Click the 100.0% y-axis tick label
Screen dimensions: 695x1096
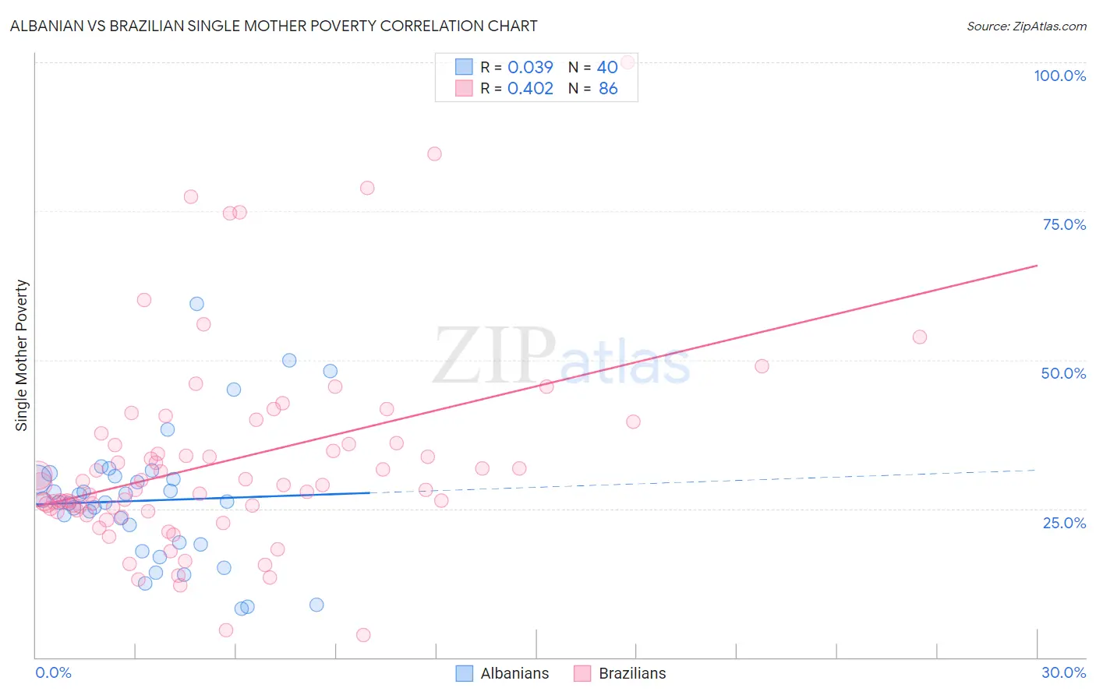click(1059, 76)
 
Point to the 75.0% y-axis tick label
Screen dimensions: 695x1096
click(1064, 224)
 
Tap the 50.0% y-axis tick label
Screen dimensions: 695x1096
click(1063, 373)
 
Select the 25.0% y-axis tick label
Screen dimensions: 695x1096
click(1064, 523)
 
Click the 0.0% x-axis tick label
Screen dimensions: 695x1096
click(53, 672)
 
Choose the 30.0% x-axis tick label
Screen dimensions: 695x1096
click(1063, 672)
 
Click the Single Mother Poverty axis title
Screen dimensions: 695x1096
click(22, 355)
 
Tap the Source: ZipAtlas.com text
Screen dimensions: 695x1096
click(1026, 26)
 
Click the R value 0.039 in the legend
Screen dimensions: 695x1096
click(530, 67)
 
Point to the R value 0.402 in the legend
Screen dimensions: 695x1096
click(530, 88)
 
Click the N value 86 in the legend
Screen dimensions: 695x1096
click(608, 88)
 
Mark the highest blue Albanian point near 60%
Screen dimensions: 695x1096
click(196, 304)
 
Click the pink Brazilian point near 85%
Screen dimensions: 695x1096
click(434, 153)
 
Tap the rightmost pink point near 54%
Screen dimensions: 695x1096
click(920, 337)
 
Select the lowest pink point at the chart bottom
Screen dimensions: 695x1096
click(363, 635)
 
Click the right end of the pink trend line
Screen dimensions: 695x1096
click(1037, 266)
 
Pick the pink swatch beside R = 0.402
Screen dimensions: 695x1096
click(464, 88)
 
